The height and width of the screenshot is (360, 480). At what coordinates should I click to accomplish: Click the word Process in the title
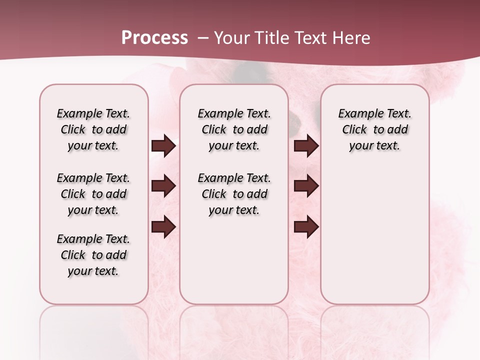click(154, 38)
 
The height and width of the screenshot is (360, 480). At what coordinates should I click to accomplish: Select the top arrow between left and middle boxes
click(163, 146)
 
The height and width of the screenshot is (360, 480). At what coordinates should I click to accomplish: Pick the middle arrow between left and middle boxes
click(163, 186)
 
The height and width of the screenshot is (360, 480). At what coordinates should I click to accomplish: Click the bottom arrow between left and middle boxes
click(163, 227)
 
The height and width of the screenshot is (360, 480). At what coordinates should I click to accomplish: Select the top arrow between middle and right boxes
click(306, 146)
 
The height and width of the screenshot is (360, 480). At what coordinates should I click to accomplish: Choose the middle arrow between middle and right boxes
click(306, 186)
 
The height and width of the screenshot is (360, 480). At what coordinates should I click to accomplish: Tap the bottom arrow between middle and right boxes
click(306, 227)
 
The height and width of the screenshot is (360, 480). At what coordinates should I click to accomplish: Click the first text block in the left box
click(93, 130)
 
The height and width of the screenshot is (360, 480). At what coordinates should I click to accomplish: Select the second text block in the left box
click(93, 194)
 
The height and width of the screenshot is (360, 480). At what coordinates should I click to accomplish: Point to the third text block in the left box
click(93, 255)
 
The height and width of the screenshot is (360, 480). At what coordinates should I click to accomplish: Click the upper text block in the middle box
click(234, 130)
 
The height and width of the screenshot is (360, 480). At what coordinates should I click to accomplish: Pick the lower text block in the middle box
click(234, 194)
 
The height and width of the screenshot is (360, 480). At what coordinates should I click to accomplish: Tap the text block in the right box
click(374, 130)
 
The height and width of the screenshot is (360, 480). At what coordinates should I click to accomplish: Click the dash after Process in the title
click(203, 38)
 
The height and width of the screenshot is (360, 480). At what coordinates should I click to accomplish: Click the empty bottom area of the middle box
click(234, 265)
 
